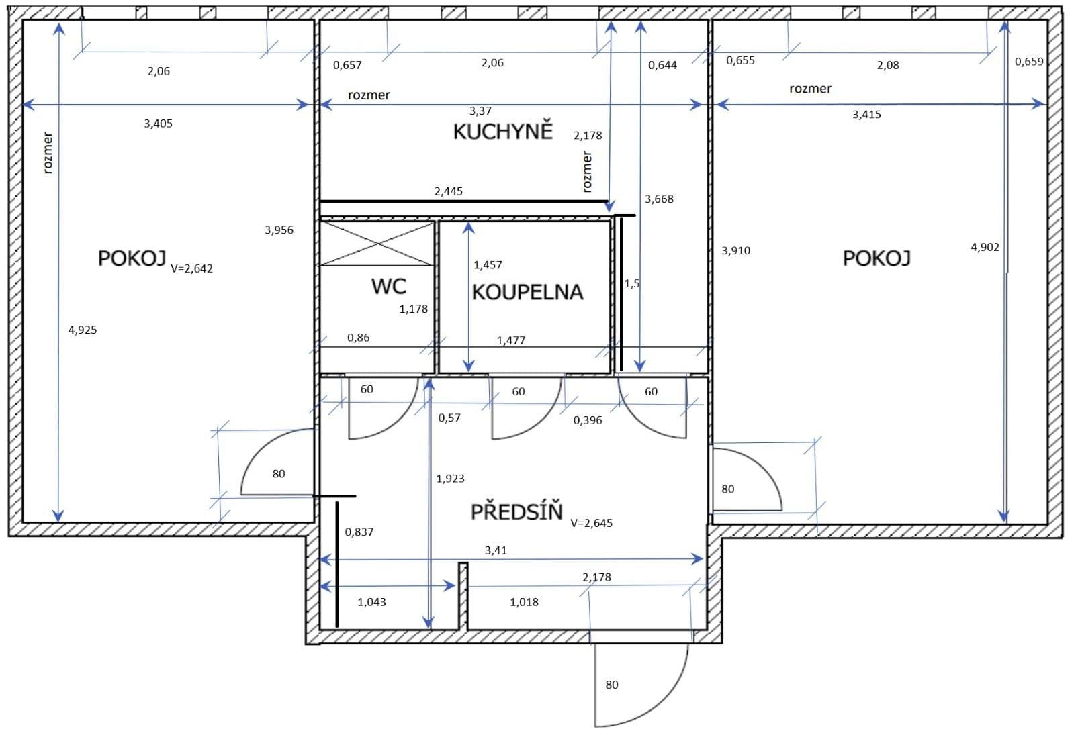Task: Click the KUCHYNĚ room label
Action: click(x=502, y=131)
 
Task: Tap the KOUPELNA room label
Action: click(x=527, y=292)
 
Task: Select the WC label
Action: click(x=389, y=287)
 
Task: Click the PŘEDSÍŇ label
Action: click(x=516, y=512)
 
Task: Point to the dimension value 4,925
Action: click(x=83, y=330)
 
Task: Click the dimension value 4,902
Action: click(x=985, y=247)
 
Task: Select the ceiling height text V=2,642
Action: click(x=191, y=268)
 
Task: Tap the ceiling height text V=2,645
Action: click(x=591, y=523)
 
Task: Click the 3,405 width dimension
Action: click(x=158, y=124)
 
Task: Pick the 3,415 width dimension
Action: click(x=866, y=115)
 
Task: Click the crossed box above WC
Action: click(x=377, y=243)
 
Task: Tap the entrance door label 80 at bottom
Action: click(x=611, y=685)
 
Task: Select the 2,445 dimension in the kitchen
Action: click(x=448, y=191)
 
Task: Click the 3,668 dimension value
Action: click(x=659, y=199)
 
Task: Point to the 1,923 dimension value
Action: click(x=450, y=479)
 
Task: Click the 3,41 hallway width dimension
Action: click(x=496, y=550)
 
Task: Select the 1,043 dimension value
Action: click(x=371, y=602)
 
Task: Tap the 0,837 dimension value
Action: click(x=359, y=532)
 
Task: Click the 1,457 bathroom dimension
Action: click(x=488, y=265)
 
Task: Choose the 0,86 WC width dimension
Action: click(x=358, y=338)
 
